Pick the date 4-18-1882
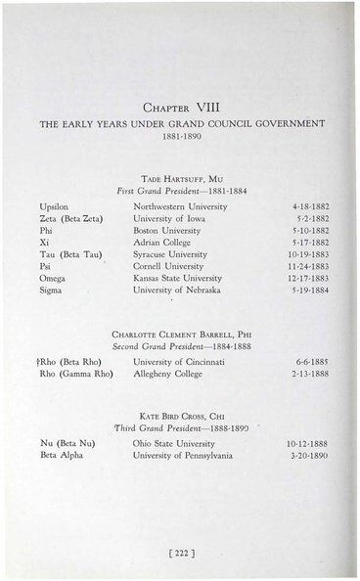(x=309, y=207)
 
